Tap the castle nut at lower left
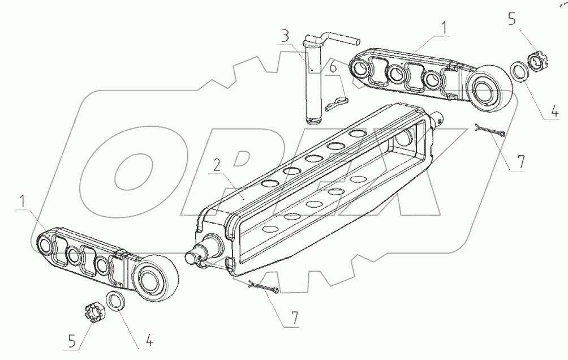[x=93, y=311]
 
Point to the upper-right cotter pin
[x=490, y=131]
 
